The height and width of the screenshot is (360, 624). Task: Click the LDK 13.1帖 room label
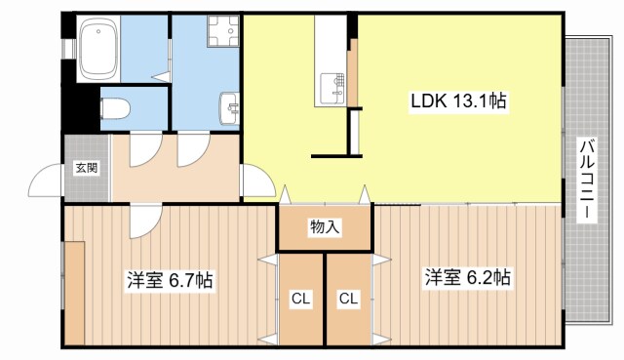pyautogui.click(x=456, y=101)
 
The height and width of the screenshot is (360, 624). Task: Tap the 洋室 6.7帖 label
pyautogui.click(x=169, y=280)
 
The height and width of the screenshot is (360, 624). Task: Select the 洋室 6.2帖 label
pyautogui.click(x=466, y=277)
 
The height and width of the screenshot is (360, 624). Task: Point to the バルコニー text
pyautogui.click(x=587, y=181)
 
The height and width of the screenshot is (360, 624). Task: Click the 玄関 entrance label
pyautogui.click(x=86, y=168)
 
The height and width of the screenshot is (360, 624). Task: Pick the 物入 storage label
pyautogui.click(x=325, y=228)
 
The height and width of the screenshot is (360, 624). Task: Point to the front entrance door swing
pyautogui.click(x=47, y=183)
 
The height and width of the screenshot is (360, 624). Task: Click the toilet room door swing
pyautogui.click(x=144, y=148)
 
